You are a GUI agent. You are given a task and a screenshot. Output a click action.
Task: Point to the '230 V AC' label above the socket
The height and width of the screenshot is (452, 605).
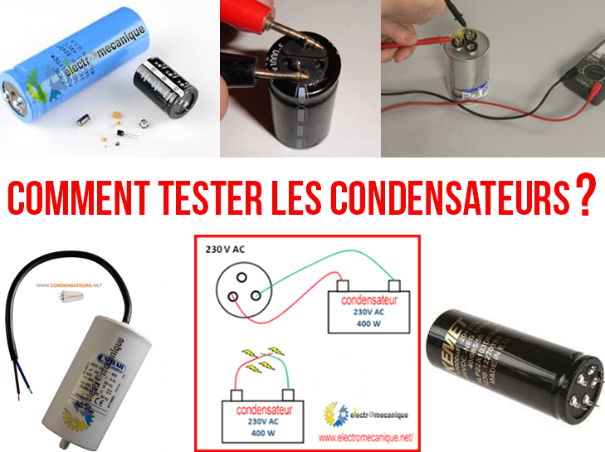tap(226, 249)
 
